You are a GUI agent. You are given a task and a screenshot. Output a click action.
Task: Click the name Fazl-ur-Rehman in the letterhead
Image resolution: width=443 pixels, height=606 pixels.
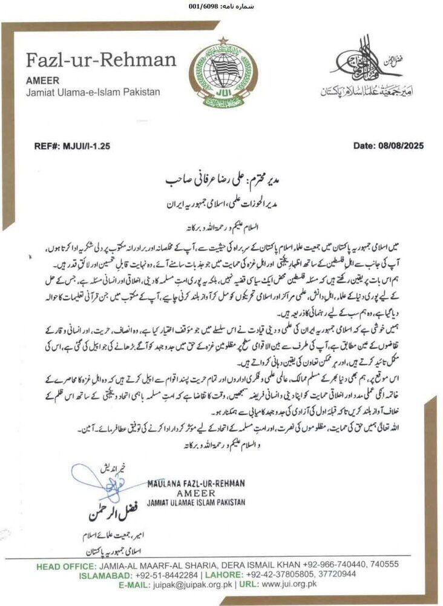(x=100, y=61)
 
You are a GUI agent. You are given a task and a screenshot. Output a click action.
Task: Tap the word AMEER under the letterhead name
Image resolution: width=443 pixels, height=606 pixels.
(x=42, y=79)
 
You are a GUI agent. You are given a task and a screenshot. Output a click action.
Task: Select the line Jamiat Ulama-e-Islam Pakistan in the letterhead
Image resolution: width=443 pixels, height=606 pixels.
(x=93, y=92)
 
